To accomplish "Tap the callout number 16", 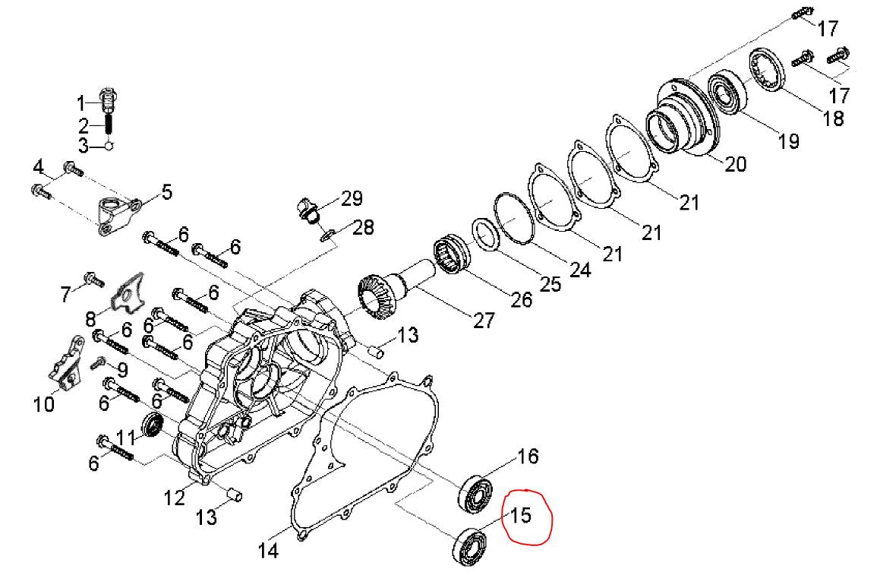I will point(528,457).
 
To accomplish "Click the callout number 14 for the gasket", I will point(268,550).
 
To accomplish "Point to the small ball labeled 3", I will point(109,146).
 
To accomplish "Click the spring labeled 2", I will point(109,124).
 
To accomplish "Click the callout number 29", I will point(351,198).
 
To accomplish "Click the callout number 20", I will point(736,163).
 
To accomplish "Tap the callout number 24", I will point(579,269).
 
